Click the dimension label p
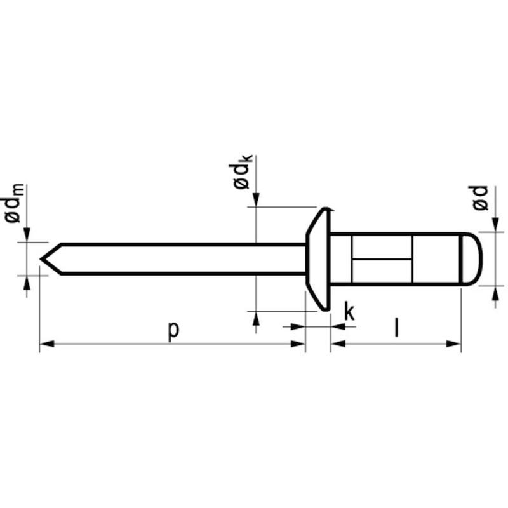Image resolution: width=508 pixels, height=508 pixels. (x=173, y=330)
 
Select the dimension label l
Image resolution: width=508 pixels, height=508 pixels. (x=396, y=328)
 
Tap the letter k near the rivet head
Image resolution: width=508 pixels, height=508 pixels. (x=350, y=311)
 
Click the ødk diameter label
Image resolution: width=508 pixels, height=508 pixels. (x=241, y=172)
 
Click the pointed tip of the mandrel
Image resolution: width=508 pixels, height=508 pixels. (x=41, y=258)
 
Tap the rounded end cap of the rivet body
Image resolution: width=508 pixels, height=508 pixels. (x=471, y=259)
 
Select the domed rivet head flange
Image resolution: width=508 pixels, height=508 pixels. (x=319, y=259)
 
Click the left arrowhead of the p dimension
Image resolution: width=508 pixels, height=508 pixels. (x=46, y=344)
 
